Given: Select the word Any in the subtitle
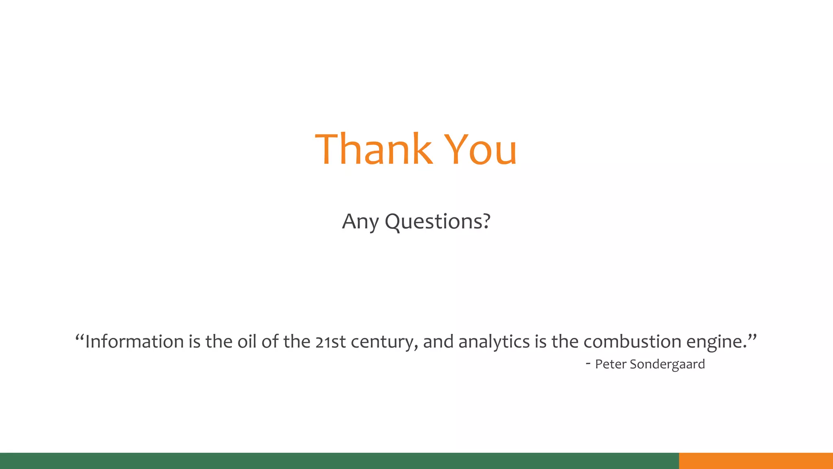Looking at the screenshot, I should pyautogui.click(x=360, y=222).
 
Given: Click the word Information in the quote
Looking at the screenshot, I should pyautogui.click(x=134, y=342).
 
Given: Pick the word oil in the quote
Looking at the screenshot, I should pyautogui.click(x=247, y=342).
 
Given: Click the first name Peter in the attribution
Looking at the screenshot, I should pyautogui.click(x=611, y=364).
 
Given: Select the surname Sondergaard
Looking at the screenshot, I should pyautogui.click(x=667, y=364).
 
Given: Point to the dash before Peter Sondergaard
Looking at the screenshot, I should pyautogui.click(x=588, y=363).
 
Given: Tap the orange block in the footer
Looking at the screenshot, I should pyautogui.click(x=756, y=461).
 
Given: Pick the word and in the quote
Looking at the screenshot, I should pyautogui.click(x=438, y=342).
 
